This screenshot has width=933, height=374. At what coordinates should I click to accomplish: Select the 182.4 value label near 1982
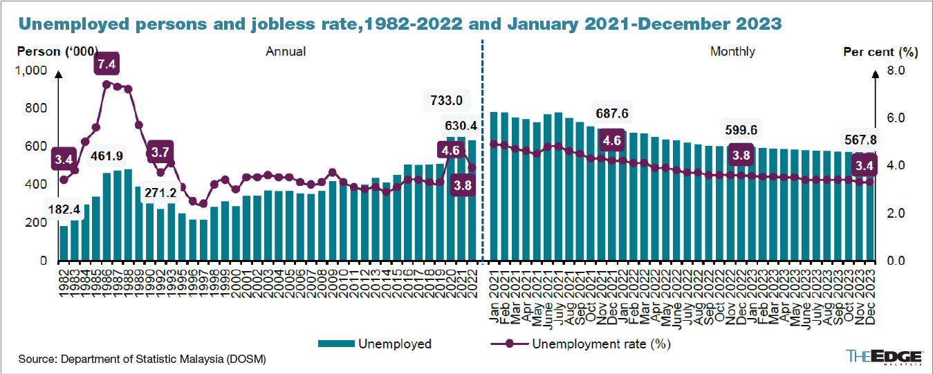coord(63,208)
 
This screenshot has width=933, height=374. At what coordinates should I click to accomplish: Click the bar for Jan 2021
coord(494,187)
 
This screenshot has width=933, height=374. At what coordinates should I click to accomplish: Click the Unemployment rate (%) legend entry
coord(580,344)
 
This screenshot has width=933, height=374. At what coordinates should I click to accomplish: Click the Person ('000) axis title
coord(57,52)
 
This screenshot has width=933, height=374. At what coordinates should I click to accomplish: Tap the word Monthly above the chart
coord(732,52)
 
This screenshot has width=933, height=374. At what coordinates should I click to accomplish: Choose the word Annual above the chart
coord(286,52)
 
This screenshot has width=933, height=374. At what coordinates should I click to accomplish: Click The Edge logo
coord(885,356)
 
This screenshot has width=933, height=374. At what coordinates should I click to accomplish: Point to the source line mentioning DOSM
coord(142,359)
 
